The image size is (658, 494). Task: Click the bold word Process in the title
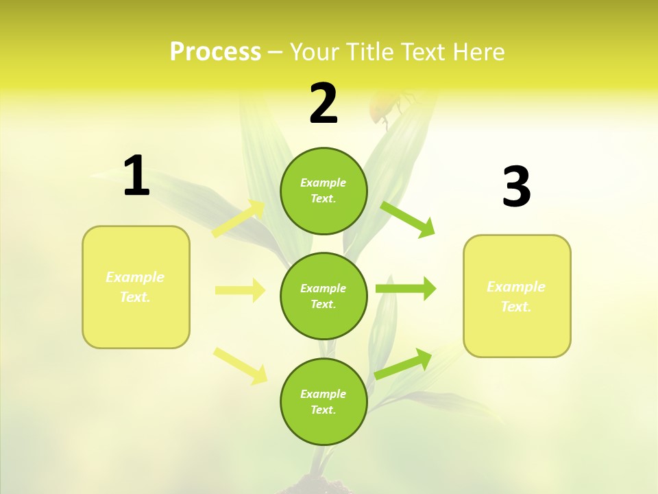click(x=215, y=52)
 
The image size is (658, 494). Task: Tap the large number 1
click(x=136, y=176)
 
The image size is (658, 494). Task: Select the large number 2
click(x=324, y=104)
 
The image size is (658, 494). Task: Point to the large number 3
click(x=516, y=187)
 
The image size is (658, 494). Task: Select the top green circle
click(x=324, y=191)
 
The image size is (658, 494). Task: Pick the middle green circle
click(x=324, y=296)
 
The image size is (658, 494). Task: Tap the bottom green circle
click(x=324, y=401)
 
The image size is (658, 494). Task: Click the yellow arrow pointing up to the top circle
click(x=239, y=218)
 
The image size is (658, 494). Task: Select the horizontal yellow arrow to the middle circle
click(x=240, y=290)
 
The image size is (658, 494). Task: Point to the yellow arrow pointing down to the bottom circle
click(x=241, y=366)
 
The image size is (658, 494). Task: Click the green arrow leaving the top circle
click(x=408, y=219)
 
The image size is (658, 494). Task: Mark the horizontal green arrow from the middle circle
click(x=406, y=289)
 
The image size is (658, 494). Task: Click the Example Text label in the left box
click(x=135, y=287)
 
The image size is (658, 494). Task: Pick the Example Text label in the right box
click(x=516, y=296)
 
